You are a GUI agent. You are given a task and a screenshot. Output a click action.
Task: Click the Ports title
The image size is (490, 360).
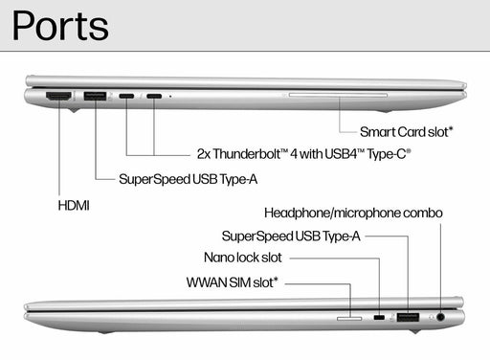(59, 25)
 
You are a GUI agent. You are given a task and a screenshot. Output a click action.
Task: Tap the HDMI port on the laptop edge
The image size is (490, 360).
(59, 96)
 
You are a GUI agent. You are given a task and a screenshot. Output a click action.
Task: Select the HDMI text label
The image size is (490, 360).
(73, 205)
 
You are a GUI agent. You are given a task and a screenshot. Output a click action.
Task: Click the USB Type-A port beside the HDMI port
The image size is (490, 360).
(95, 96)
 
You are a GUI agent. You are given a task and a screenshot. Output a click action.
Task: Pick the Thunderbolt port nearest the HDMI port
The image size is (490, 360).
(127, 96)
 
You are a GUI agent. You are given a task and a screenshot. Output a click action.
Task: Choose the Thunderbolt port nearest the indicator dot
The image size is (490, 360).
(153, 96)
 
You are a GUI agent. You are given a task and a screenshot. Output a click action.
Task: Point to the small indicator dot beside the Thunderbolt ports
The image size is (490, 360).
(170, 96)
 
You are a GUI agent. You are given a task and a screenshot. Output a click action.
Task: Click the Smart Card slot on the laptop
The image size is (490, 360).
(337, 95)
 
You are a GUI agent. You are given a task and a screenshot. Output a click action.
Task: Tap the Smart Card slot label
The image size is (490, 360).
(407, 131)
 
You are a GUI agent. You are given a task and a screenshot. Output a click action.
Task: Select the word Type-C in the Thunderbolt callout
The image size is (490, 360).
(389, 153)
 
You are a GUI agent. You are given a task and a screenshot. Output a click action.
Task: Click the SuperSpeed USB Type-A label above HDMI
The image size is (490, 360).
(188, 179)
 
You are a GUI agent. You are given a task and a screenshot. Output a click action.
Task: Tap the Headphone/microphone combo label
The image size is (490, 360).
(353, 212)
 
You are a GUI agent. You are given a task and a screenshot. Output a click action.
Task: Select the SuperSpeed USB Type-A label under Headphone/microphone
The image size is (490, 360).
(291, 235)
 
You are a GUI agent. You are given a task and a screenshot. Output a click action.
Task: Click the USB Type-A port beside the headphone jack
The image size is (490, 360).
(409, 317)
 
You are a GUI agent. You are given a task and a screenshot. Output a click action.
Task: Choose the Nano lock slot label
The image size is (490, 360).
(242, 258)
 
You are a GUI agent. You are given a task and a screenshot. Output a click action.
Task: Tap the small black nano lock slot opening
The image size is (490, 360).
(380, 317)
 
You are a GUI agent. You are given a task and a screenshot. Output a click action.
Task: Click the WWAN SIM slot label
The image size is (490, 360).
(233, 282)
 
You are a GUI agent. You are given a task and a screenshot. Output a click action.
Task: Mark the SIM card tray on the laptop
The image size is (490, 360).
(350, 317)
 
